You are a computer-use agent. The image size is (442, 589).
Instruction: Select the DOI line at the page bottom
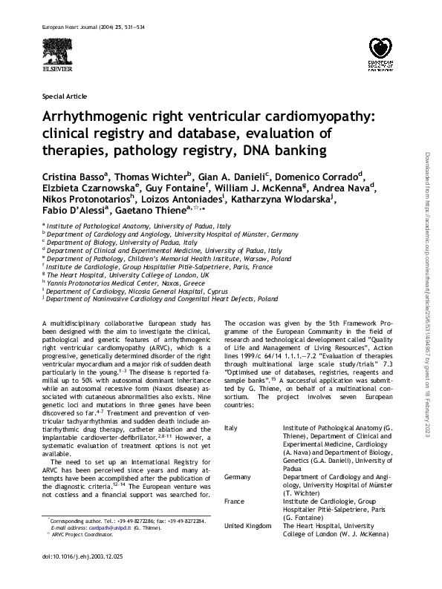(74, 576)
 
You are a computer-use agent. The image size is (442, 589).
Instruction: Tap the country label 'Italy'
(230, 428)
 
